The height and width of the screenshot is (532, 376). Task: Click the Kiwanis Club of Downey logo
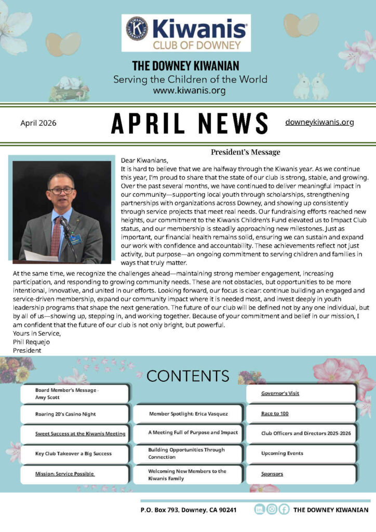point(186,33)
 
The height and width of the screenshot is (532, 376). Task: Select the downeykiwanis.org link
point(319,122)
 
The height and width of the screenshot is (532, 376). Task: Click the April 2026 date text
point(38,123)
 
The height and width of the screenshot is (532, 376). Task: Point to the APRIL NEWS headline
point(190,123)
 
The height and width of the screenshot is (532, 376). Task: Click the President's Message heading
point(245,152)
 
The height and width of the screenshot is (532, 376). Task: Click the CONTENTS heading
point(187,375)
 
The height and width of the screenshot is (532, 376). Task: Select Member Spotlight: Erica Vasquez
point(188,414)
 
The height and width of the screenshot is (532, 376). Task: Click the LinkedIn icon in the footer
point(259,510)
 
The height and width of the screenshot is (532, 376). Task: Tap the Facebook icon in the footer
point(284,510)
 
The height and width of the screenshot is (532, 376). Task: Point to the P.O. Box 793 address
point(189,510)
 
